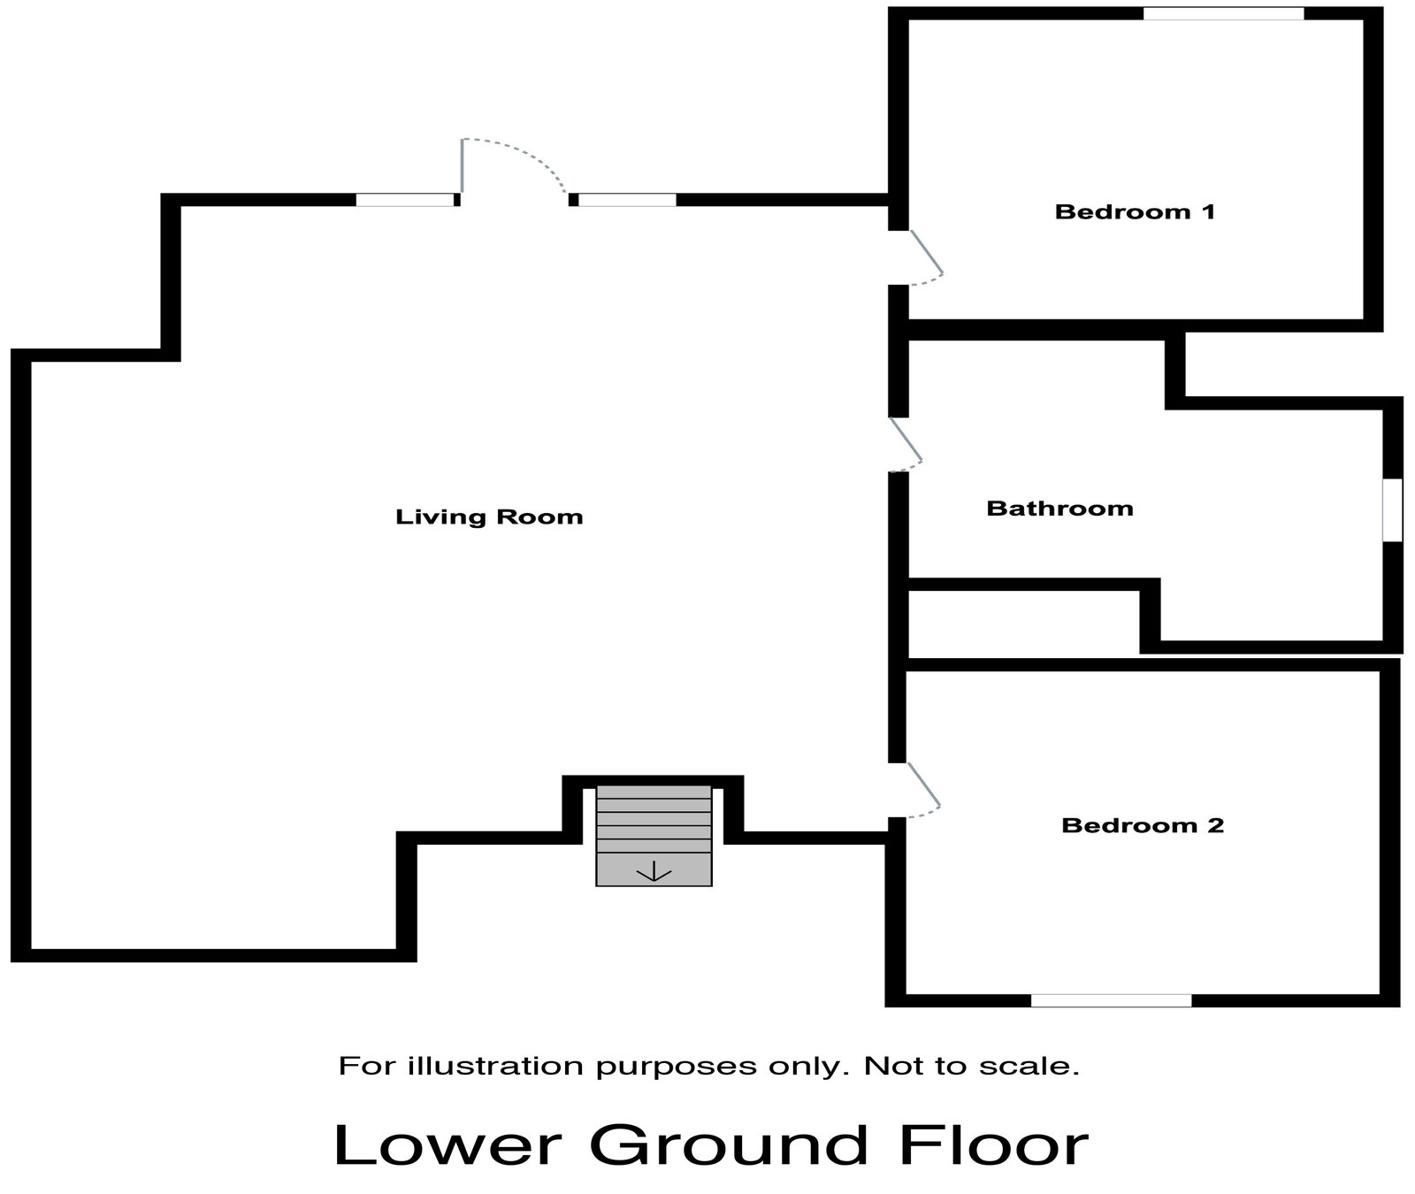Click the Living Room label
pos(489,517)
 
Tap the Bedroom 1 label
pos(1135,212)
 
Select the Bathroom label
pos(1059,509)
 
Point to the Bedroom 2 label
pos(1143,826)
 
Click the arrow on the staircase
pos(654,872)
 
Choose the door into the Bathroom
pos(906,441)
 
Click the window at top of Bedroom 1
pos(1223,13)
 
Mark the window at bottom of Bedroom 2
pos(1111,1000)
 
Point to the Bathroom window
pos(1392,509)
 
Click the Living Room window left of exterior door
pos(405,200)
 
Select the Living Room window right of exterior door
pos(627,200)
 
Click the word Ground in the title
pos(729,1145)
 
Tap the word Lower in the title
pos(447,1145)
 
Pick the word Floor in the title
pos(993,1145)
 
